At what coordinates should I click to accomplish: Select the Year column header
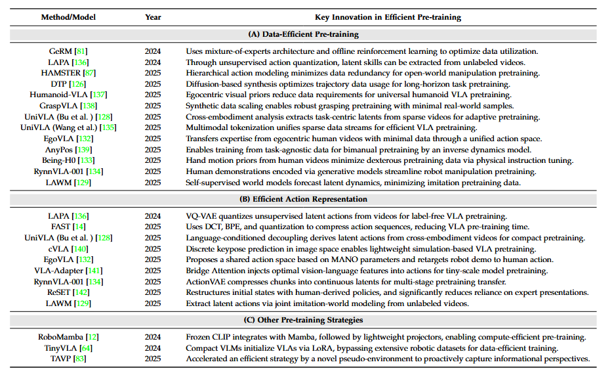click(153, 17)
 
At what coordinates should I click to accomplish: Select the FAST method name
click(60, 227)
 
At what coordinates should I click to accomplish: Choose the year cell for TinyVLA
click(153, 348)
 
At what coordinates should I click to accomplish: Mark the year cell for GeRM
click(153, 51)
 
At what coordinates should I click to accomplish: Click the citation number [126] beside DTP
click(78, 83)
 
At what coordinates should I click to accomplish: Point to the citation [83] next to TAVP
click(79, 359)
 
